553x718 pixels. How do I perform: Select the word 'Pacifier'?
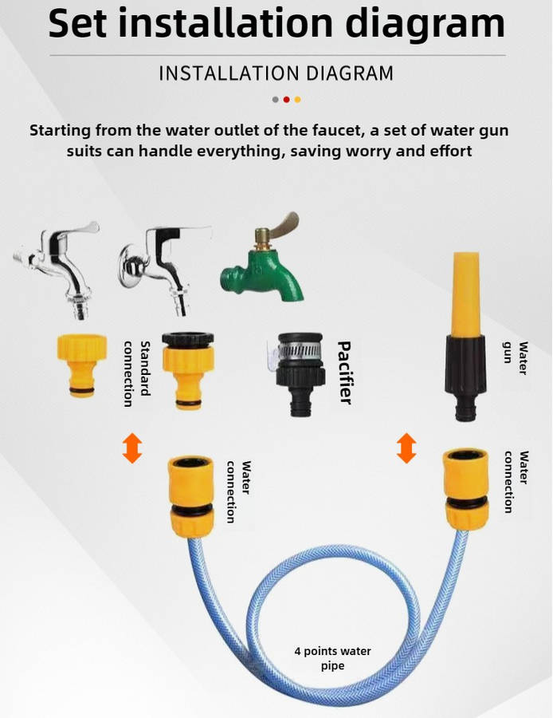(x=345, y=373)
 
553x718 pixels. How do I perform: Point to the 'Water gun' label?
(x=515, y=358)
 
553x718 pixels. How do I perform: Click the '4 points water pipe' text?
(x=332, y=658)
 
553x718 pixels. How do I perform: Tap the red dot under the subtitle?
(x=286, y=100)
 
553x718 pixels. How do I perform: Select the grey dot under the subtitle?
(x=276, y=100)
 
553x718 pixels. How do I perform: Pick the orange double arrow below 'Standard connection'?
(x=132, y=448)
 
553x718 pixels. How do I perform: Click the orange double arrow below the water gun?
(x=406, y=448)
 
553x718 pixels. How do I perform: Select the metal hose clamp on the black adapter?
(x=300, y=350)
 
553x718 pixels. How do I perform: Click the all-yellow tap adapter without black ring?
(x=82, y=365)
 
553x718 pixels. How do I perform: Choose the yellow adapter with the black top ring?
(x=188, y=370)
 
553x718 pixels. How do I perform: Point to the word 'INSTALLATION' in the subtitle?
(x=228, y=73)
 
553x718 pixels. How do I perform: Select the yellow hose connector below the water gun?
(x=466, y=488)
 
